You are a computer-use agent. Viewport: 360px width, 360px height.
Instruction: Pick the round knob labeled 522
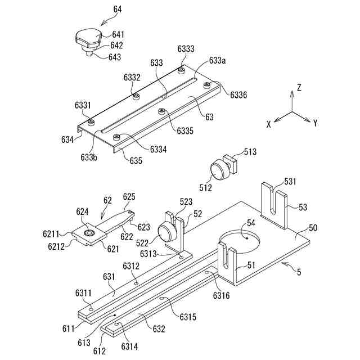point(167,231)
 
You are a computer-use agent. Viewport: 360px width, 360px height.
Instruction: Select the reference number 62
point(107,200)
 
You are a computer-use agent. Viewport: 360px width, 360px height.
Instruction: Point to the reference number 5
point(299,272)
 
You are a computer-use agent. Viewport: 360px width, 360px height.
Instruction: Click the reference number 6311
point(84,292)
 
